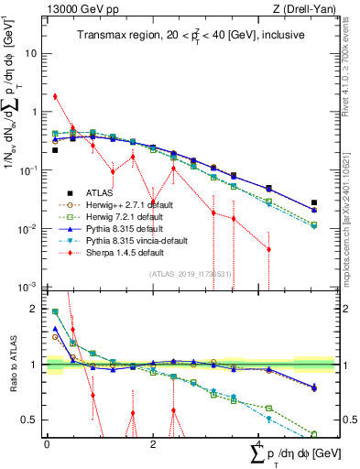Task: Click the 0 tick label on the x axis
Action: (47, 443)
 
